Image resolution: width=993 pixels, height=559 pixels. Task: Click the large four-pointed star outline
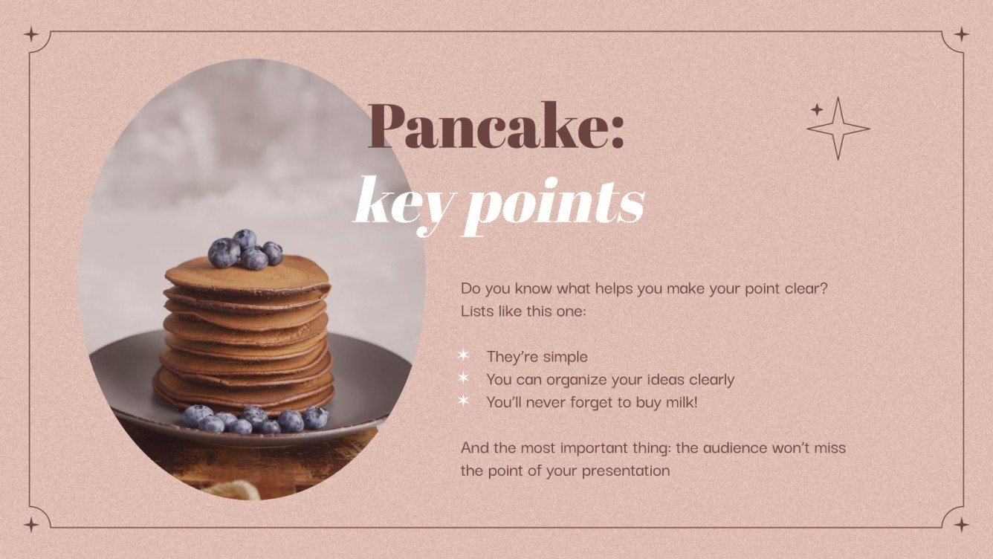(x=838, y=129)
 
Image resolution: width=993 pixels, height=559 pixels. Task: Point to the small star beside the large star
(x=817, y=110)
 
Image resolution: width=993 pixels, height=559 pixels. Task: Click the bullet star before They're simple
(x=464, y=356)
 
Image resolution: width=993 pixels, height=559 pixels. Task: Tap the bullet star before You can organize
(x=464, y=378)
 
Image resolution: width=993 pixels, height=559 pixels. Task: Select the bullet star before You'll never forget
(x=464, y=401)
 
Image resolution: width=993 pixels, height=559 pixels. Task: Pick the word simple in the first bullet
(x=565, y=357)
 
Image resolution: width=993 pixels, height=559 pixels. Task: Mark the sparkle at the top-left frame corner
(x=30, y=34)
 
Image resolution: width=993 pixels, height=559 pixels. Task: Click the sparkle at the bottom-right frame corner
(x=961, y=525)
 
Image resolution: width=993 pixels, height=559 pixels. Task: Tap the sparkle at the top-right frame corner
(x=961, y=34)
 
